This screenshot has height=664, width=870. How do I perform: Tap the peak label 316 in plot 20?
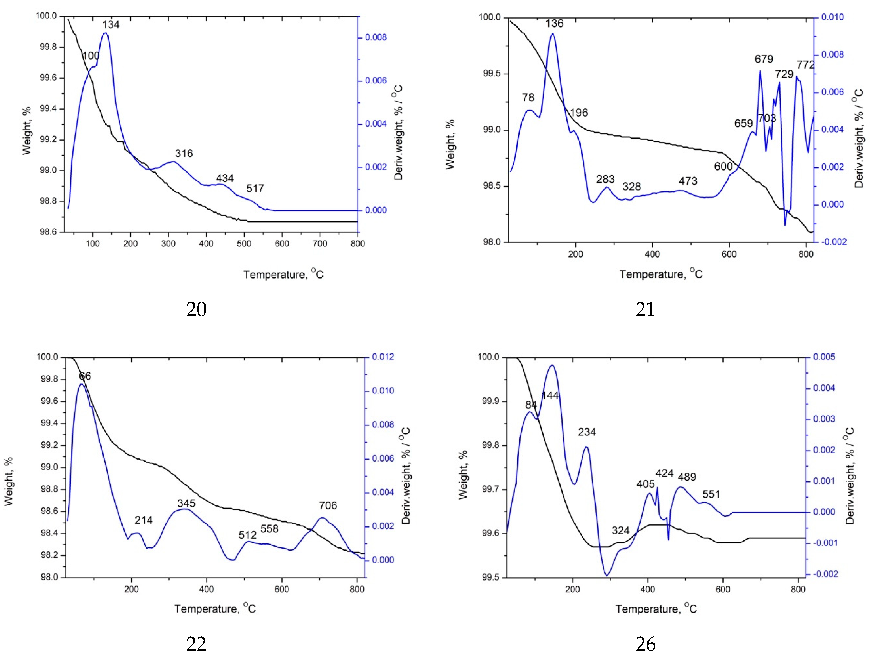pos(184,153)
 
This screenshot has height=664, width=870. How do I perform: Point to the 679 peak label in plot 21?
pos(764,59)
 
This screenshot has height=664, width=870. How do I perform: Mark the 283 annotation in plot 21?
pos(605,180)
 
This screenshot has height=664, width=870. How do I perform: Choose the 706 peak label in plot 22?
pos(328,505)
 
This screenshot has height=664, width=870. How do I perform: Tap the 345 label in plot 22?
pos(186,503)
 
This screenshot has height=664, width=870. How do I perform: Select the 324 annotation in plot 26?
pos(620,530)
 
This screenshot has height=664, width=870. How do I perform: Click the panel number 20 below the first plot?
pos(196,309)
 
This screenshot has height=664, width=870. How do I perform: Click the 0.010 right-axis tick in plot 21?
pos(832,17)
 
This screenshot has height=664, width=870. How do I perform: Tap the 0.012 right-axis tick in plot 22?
pos(383,357)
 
